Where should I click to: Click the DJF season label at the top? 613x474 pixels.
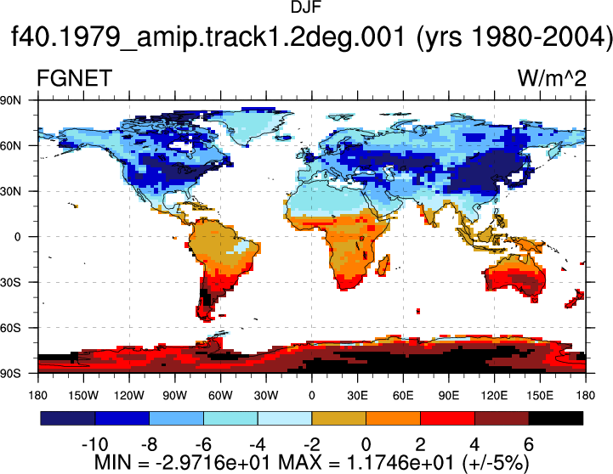306,7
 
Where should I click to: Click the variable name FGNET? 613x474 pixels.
74,78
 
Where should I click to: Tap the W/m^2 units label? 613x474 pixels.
552,78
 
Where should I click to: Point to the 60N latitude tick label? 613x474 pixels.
10,146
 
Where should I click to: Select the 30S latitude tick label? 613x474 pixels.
10,282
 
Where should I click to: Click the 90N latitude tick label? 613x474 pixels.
10,100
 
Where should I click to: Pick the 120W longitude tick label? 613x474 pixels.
129,396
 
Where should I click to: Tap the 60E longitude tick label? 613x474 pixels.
403,396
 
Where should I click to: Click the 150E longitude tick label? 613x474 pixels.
540,396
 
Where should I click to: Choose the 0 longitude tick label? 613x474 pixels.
311,396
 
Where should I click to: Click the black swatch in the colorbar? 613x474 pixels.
555,418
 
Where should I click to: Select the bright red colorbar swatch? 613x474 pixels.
447,418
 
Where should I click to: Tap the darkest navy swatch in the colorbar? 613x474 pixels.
68,418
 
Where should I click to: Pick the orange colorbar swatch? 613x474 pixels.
393,418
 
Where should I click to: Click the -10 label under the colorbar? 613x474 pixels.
94,445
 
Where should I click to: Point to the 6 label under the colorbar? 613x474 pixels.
529,445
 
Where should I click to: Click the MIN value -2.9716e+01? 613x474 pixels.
213,463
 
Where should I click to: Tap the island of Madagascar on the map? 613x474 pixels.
384,265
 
